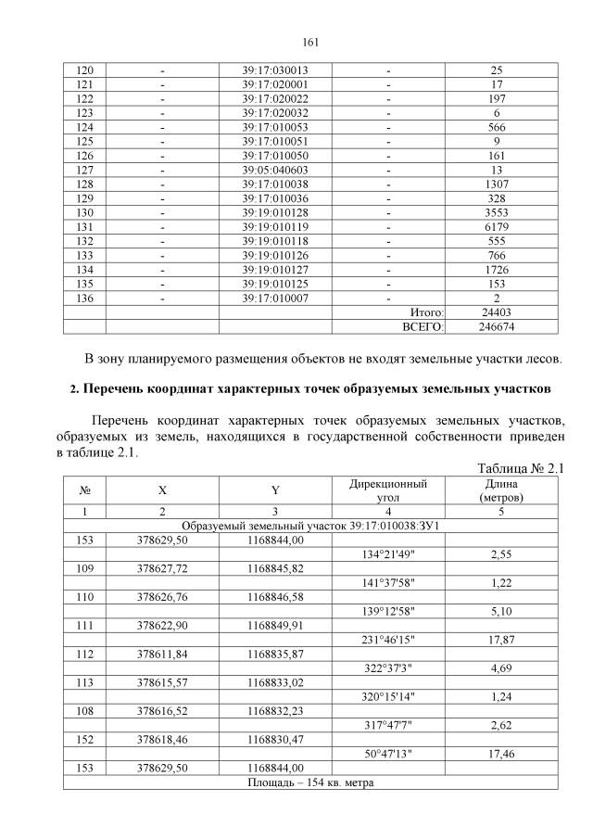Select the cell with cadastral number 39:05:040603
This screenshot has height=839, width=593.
[x=275, y=170]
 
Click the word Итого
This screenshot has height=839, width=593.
[x=426, y=312]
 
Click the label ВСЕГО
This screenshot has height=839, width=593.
[x=423, y=326]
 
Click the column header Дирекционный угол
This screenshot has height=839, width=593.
[x=387, y=490]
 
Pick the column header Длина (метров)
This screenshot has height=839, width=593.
[x=500, y=490]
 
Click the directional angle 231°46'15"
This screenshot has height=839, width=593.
[x=387, y=639]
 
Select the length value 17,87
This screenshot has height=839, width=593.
[x=500, y=639]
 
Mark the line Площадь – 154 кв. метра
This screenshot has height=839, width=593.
[x=310, y=782]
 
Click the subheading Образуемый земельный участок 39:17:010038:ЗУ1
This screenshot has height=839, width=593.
[x=310, y=526]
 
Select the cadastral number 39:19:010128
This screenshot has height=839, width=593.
[x=275, y=212]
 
